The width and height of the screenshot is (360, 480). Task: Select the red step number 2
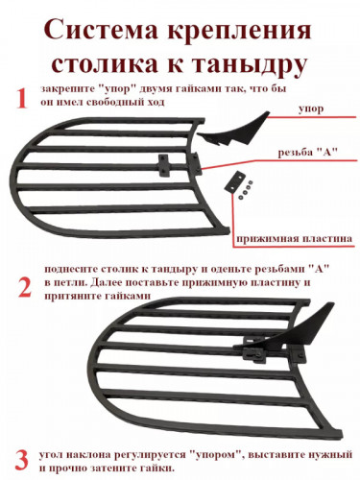click(x=22, y=285)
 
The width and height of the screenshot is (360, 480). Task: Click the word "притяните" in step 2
click(x=69, y=300)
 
